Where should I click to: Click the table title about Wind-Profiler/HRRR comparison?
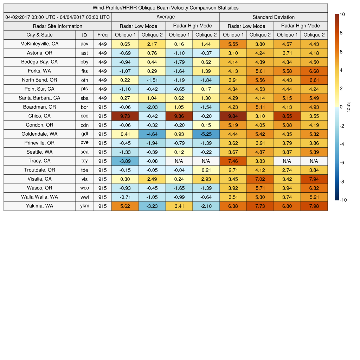click(x=165, y=8)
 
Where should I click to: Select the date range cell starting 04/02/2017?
click(x=58, y=17)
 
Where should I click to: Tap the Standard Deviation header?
click(x=273, y=17)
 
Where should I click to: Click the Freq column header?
click(x=102, y=35)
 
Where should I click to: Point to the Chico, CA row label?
click(x=39, y=116)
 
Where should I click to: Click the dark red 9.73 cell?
click(x=125, y=116)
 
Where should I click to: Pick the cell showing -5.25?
click(x=206, y=134)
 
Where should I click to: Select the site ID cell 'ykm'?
click(x=84, y=206)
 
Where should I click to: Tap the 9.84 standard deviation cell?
click(x=233, y=116)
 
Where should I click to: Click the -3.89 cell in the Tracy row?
click(x=125, y=161)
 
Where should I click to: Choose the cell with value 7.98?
click(x=314, y=206)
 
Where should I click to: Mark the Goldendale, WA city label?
click(x=39, y=134)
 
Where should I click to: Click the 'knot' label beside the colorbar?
click(x=349, y=107)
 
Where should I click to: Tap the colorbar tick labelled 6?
click(x=341, y=52)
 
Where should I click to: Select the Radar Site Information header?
click(x=57, y=26)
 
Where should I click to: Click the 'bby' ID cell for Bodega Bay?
click(x=84, y=62)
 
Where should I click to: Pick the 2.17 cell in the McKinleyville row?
click(x=152, y=44)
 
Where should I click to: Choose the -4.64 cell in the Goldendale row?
click(x=152, y=134)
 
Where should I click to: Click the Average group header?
click(x=165, y=17)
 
